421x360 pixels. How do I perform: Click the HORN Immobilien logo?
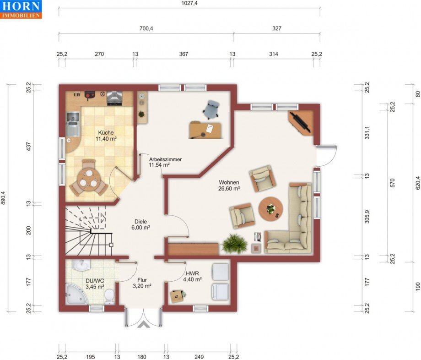[21, 9]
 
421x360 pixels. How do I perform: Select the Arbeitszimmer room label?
[165, 162]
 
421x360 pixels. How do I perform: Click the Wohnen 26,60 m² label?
[230, 185]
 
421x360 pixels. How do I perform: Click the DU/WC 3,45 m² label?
[95, 284]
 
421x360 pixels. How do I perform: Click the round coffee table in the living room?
[270, 209]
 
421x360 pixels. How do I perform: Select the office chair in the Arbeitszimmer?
[211, 109]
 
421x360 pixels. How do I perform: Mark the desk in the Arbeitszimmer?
[205, 129]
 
